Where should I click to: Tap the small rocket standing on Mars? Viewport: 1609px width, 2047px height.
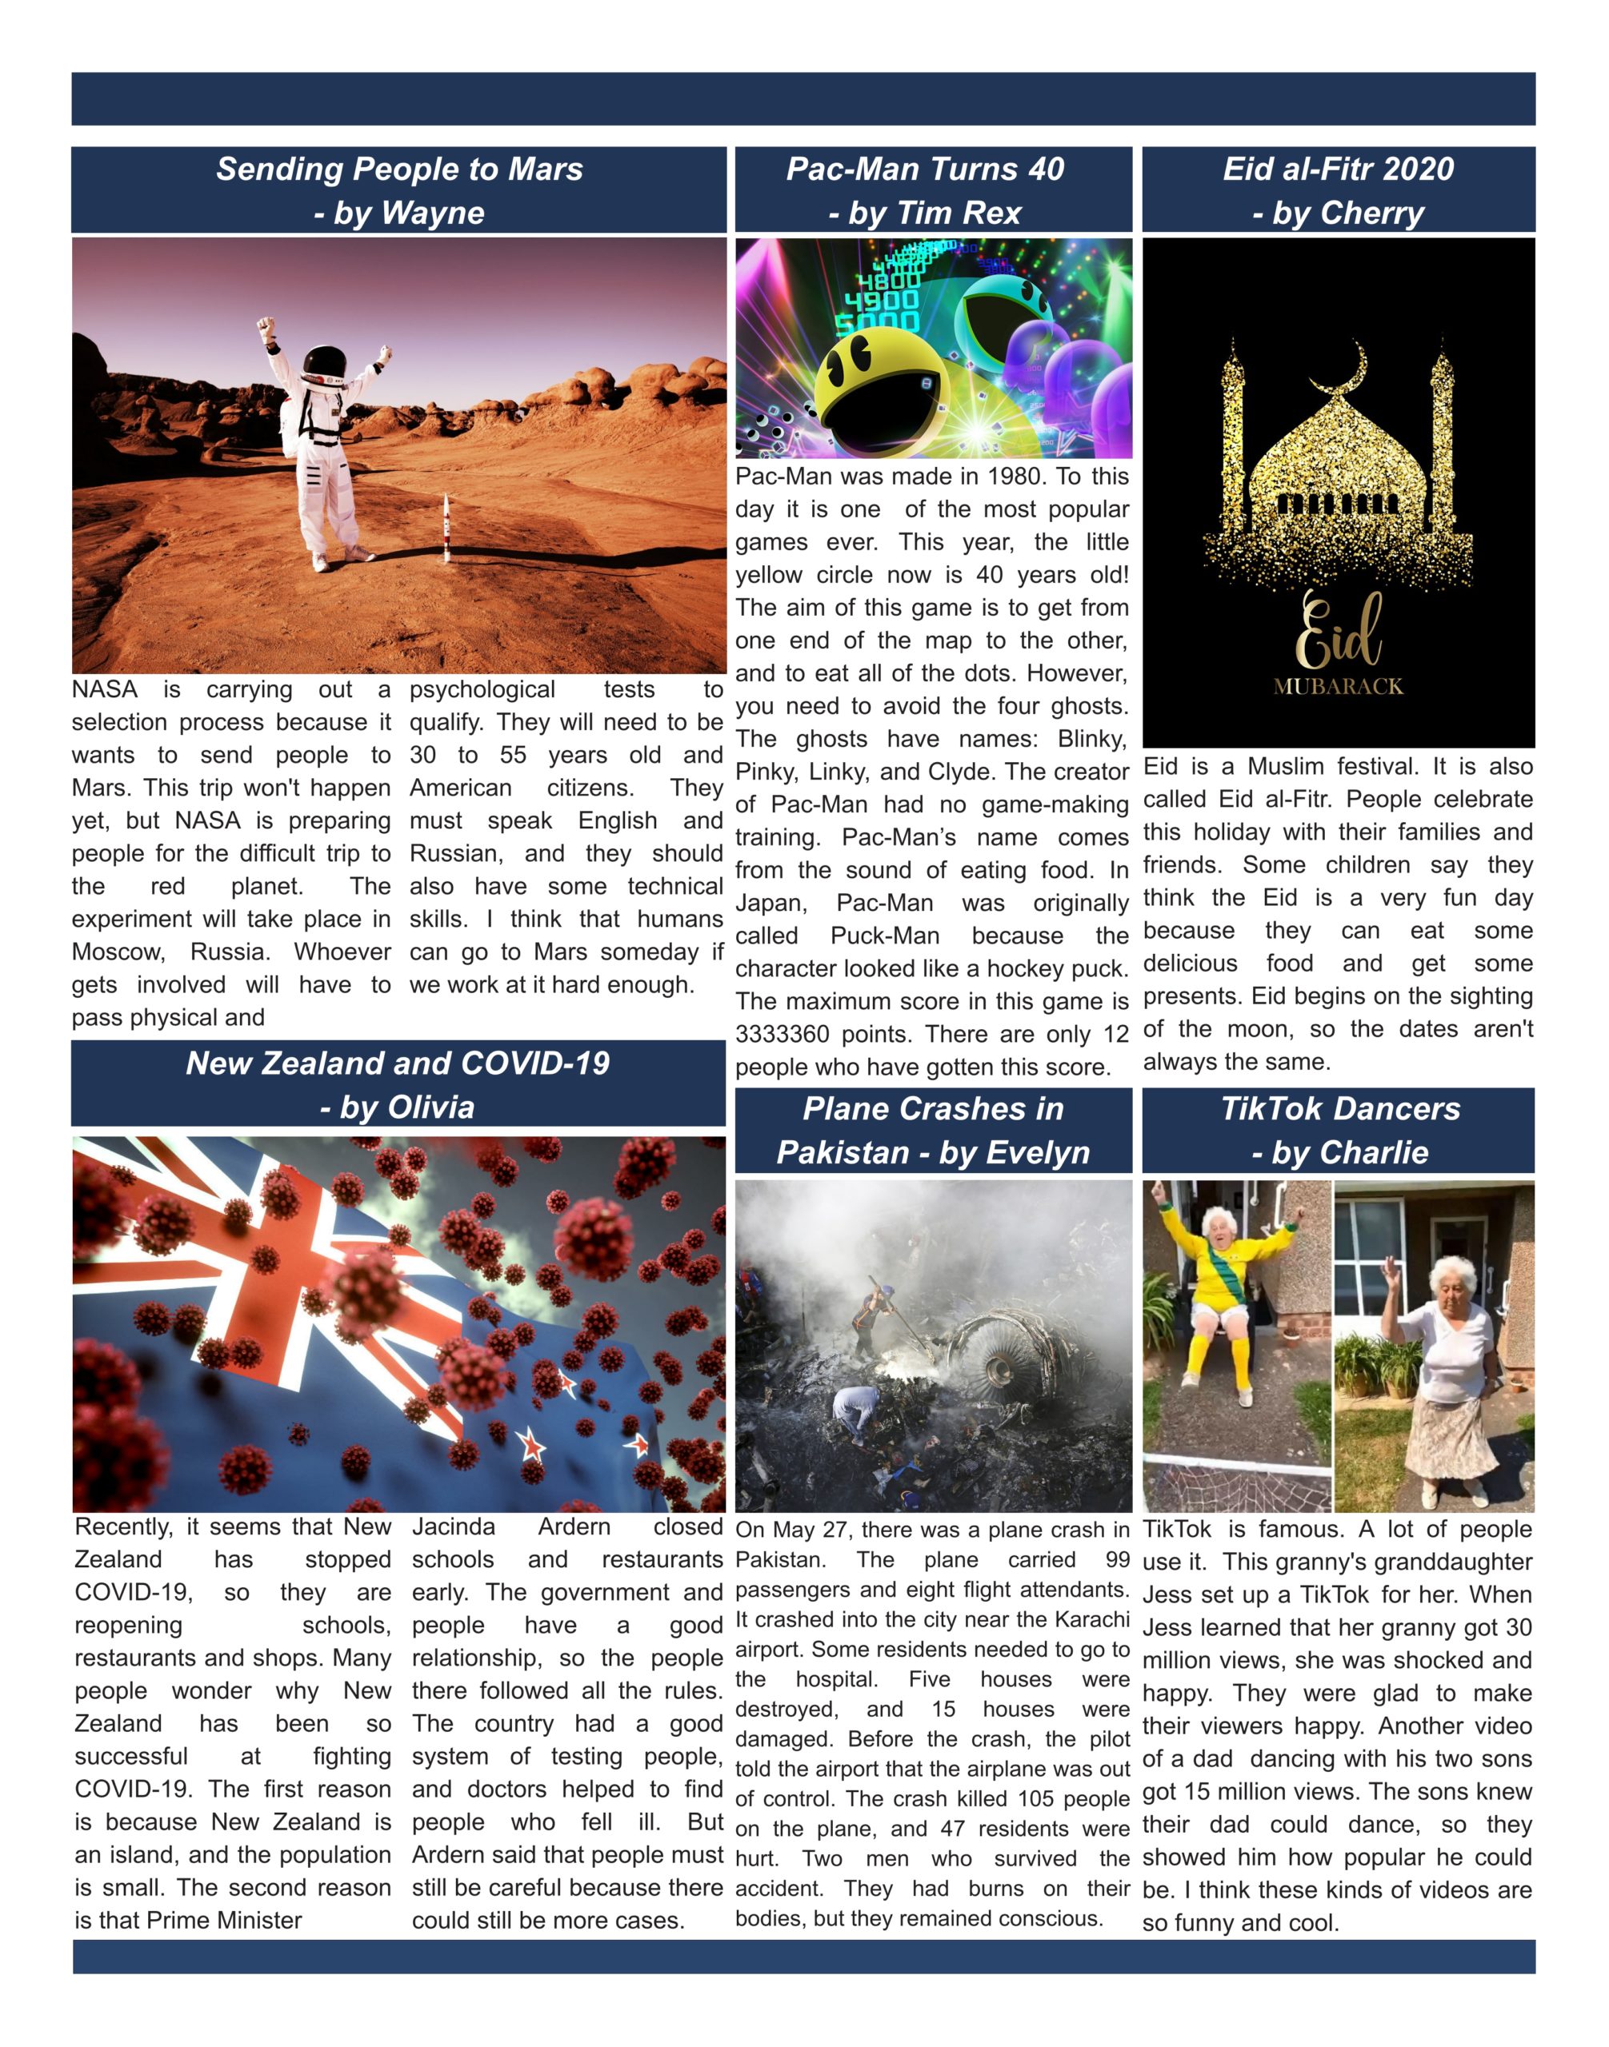446,529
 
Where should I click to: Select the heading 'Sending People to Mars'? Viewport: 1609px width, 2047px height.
399,170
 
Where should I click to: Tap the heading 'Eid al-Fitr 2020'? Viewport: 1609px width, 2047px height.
1338,170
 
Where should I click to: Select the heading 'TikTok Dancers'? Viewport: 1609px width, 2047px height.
1339,1109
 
